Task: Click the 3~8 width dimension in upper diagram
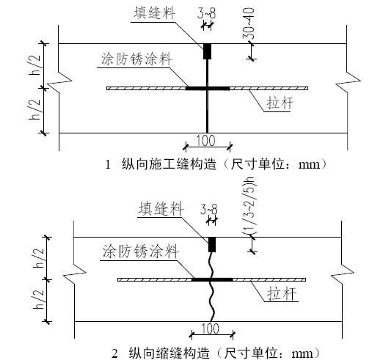207,14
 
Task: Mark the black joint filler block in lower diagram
212,243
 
